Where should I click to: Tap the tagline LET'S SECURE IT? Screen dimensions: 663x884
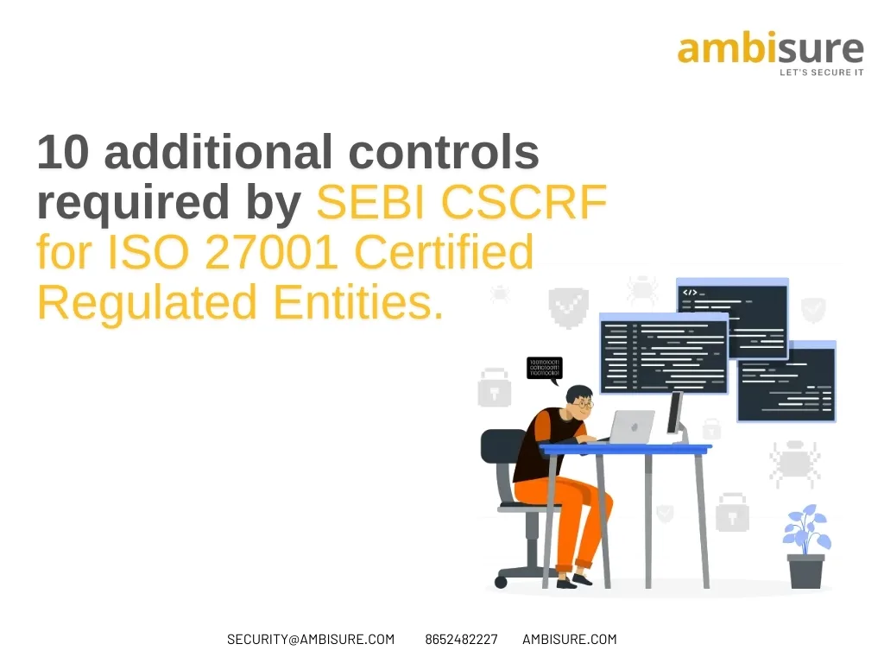coord(821,73)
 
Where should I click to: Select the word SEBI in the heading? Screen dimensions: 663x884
coord(372,204)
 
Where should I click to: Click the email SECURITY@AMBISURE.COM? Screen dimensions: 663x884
coord(310,640)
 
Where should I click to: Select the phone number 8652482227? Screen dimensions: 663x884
coord(461,640)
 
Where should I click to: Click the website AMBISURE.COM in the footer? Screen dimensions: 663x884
coord(569,640)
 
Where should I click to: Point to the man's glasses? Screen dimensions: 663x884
coord(585,403)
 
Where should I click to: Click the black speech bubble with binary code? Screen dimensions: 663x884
coord(545,369)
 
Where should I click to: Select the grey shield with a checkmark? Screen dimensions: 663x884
coord(569,306)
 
